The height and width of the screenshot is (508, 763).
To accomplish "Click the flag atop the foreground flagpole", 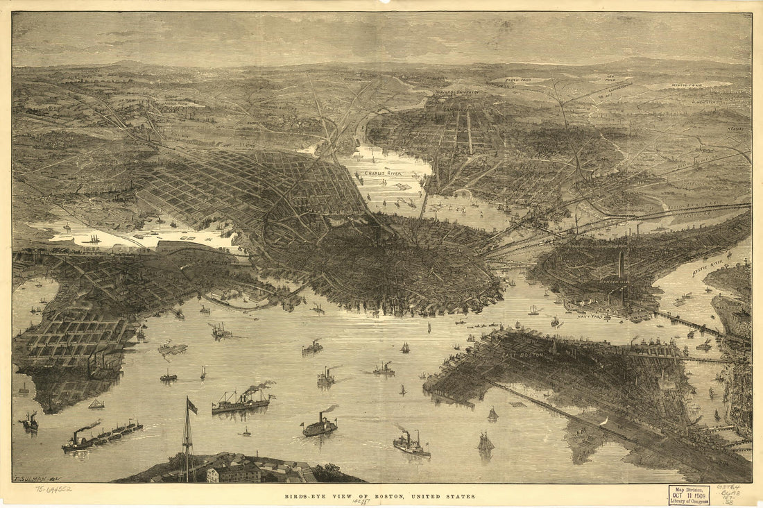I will pyautogui.click(x=191, y=406).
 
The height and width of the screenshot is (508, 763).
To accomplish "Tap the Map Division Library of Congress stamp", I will pyautogui.click(x=689, y=495).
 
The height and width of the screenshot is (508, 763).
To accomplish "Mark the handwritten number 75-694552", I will pyautogui.click(x=55, y=489).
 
